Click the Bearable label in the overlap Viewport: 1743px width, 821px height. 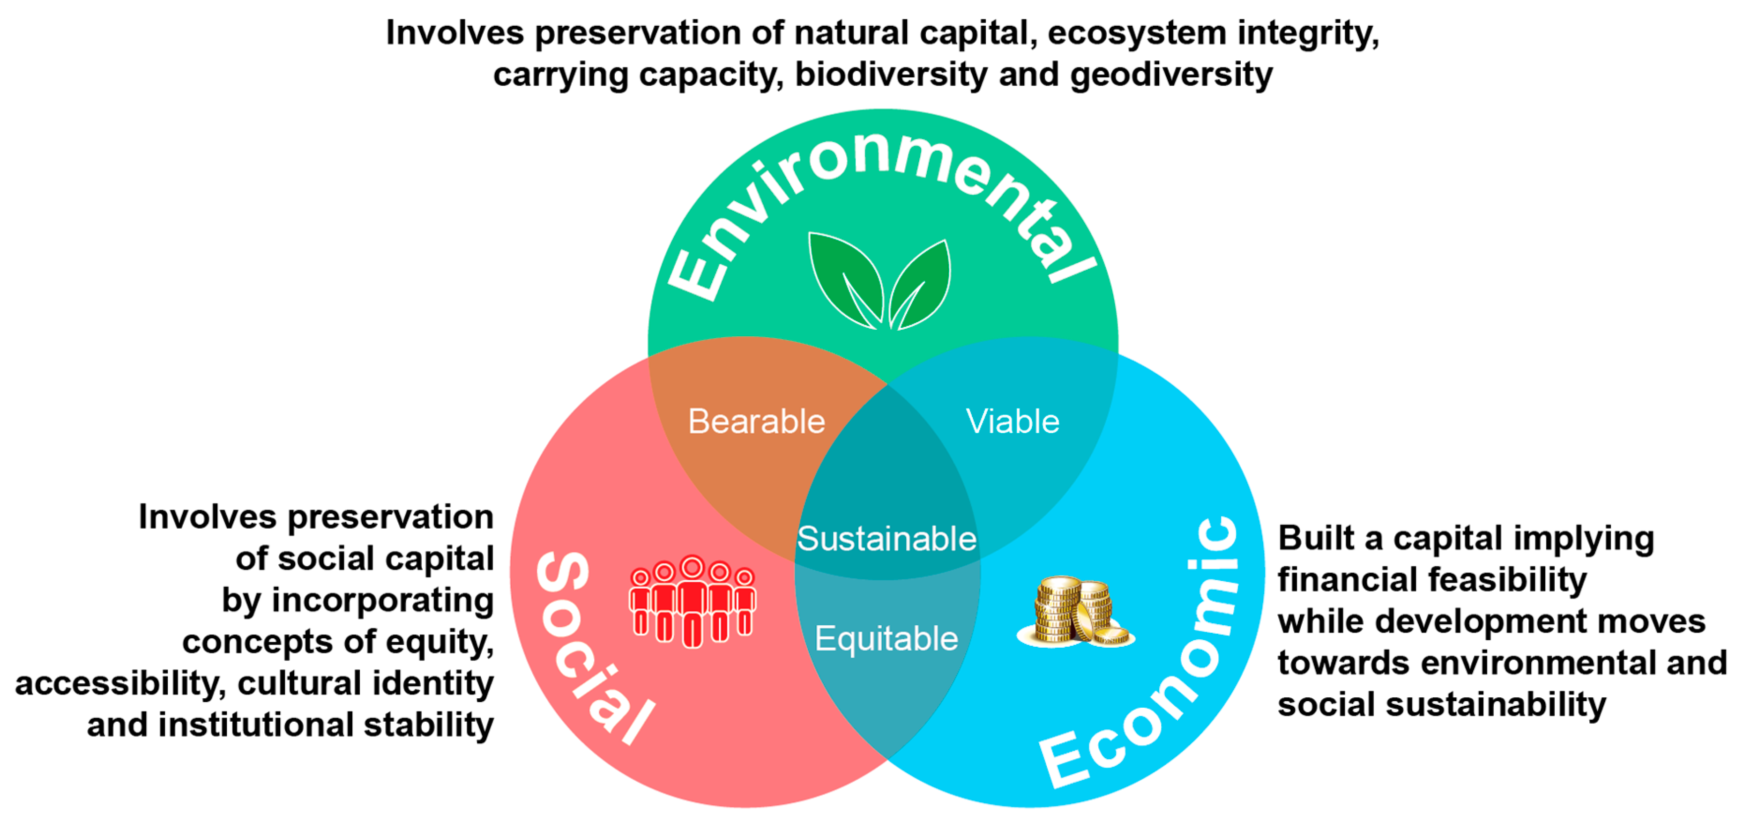pyautogui.click(x=757, y=422)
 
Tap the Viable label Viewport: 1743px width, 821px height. pyautogui.click(x=1012, y=422)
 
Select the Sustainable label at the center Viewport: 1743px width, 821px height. pyautogui.click(x=886, y=539)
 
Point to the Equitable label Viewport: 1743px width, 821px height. pyautogui.click(x=886, y=638)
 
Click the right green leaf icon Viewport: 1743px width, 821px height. pyautogui.click(x=922, y=284)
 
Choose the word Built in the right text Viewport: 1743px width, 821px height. pyautogui.click(x=1315, y=538)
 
